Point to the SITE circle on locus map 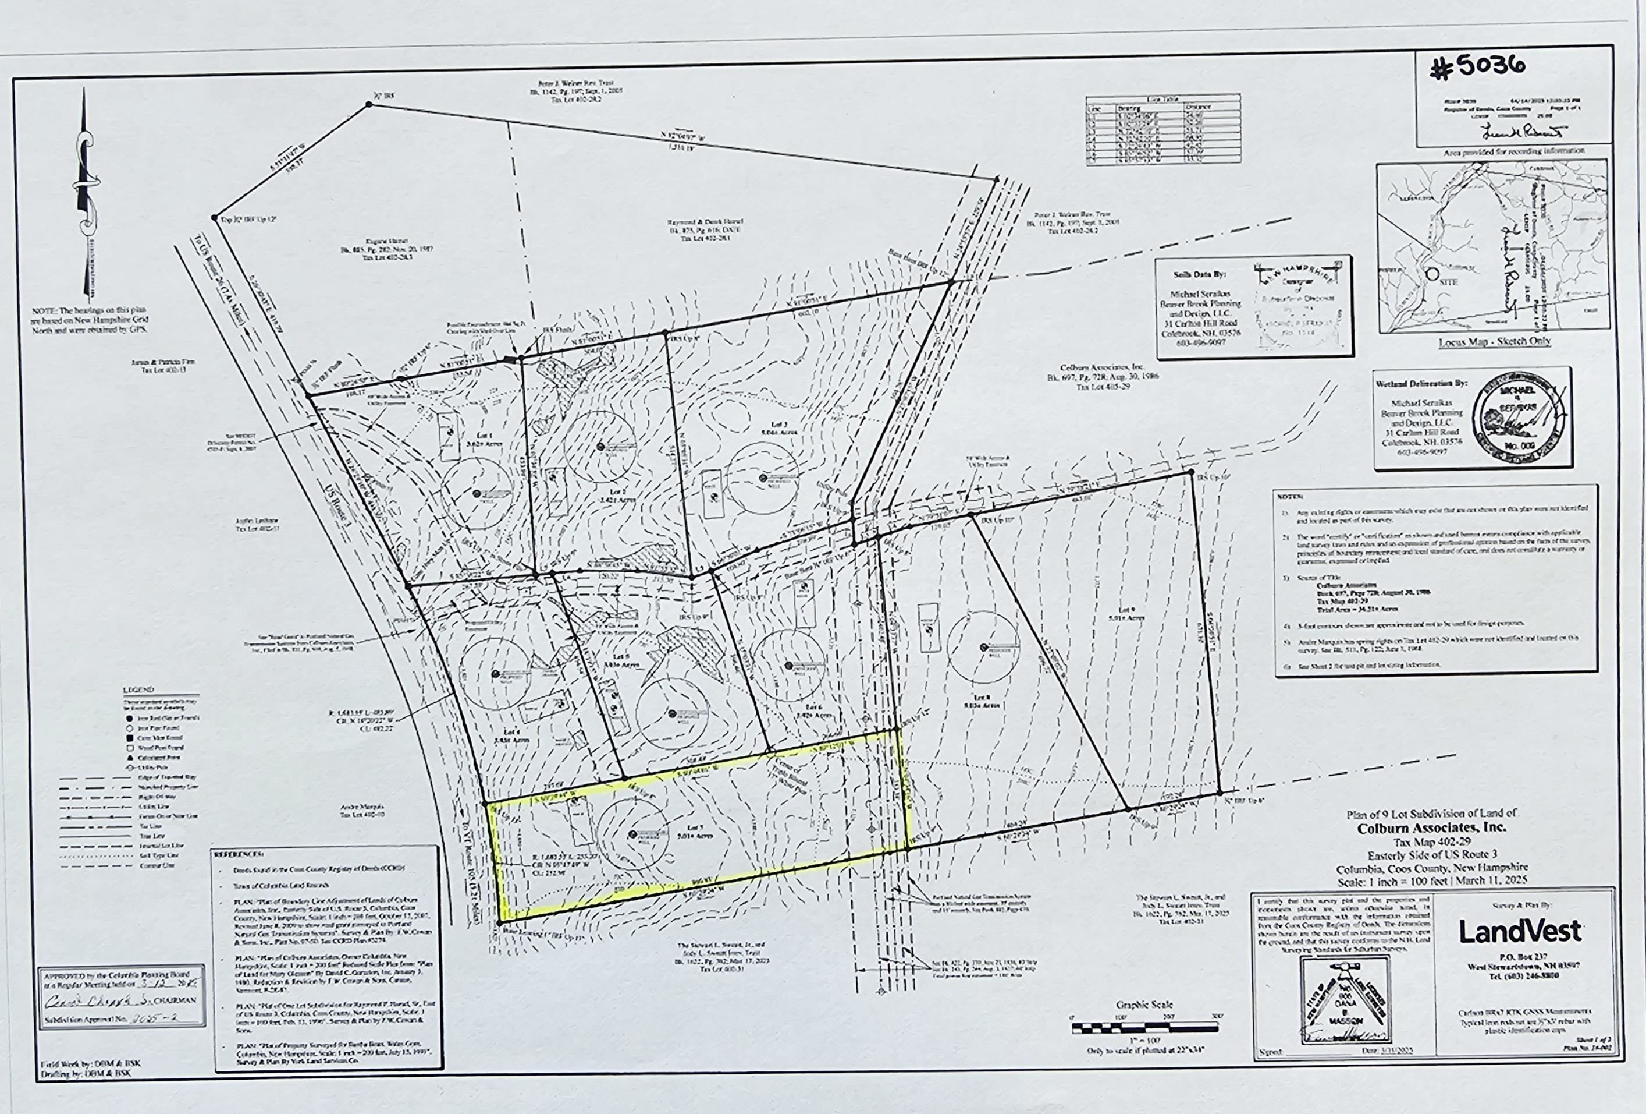[x=1432, y=274]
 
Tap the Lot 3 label [x=775, y=424]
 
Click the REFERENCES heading [x=239, y=854]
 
